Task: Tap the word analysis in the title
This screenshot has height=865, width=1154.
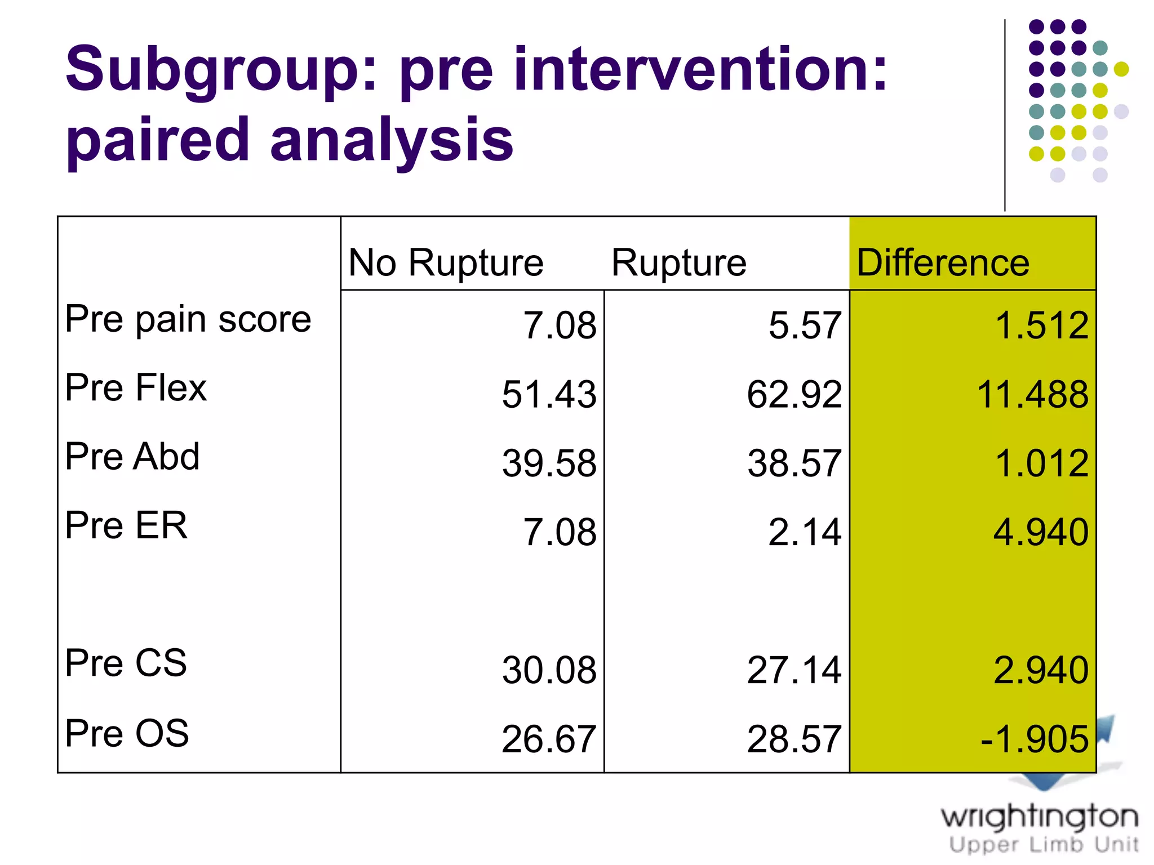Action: [392, 139]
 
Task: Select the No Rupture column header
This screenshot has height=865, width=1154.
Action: [446, 262]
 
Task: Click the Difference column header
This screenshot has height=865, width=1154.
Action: [943, 262]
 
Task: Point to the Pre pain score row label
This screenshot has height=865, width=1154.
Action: [188, 320]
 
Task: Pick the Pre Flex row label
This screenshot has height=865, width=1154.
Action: [136, 388]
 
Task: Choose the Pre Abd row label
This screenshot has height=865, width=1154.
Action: [132, 456]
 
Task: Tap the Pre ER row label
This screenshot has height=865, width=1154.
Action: [126, 525]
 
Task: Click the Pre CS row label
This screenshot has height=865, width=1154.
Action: [126, 663]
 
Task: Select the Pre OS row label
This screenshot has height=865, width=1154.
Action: [127, 733]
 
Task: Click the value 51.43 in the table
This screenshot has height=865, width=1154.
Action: [549, 394]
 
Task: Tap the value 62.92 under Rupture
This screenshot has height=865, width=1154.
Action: [794, 394]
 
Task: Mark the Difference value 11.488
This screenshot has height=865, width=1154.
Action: [1032, 394]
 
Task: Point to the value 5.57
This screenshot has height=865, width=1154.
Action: [805, 326]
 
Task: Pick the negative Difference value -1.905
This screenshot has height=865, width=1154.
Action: [1034, 739]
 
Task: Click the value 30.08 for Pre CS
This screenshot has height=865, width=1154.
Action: [549, 670]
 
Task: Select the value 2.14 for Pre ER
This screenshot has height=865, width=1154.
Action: [805, 532]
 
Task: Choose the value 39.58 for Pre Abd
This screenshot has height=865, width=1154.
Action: [549, 463]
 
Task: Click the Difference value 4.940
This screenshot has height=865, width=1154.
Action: [1040, 532]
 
